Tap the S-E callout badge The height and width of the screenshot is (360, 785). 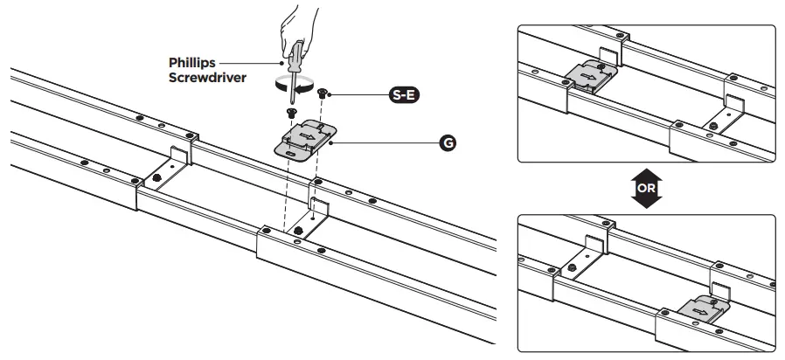click(404, 95)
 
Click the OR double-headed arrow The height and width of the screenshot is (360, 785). click(646, 187)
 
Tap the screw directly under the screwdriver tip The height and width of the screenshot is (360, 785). click(292, 113)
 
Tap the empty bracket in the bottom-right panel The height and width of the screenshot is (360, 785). click(587, 254)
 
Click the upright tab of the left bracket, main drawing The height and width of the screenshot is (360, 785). click(178, 156)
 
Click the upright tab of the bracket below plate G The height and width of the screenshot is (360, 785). click(320, 208)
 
